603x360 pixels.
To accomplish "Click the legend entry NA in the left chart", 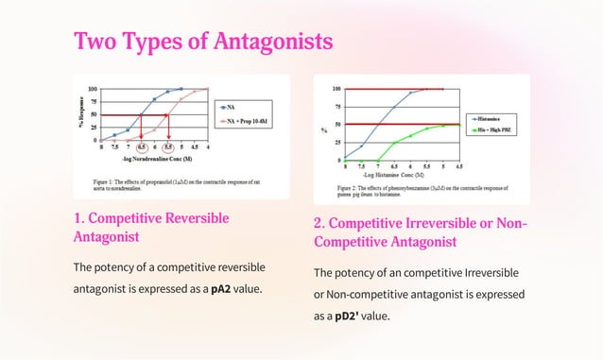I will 229,107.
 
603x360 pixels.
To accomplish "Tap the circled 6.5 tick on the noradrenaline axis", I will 142,148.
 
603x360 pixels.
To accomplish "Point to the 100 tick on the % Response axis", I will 93,89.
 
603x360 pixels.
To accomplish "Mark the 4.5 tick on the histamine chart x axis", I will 459,166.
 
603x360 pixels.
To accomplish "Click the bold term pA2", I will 222,288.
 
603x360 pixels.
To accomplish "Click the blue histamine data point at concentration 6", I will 411,93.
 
